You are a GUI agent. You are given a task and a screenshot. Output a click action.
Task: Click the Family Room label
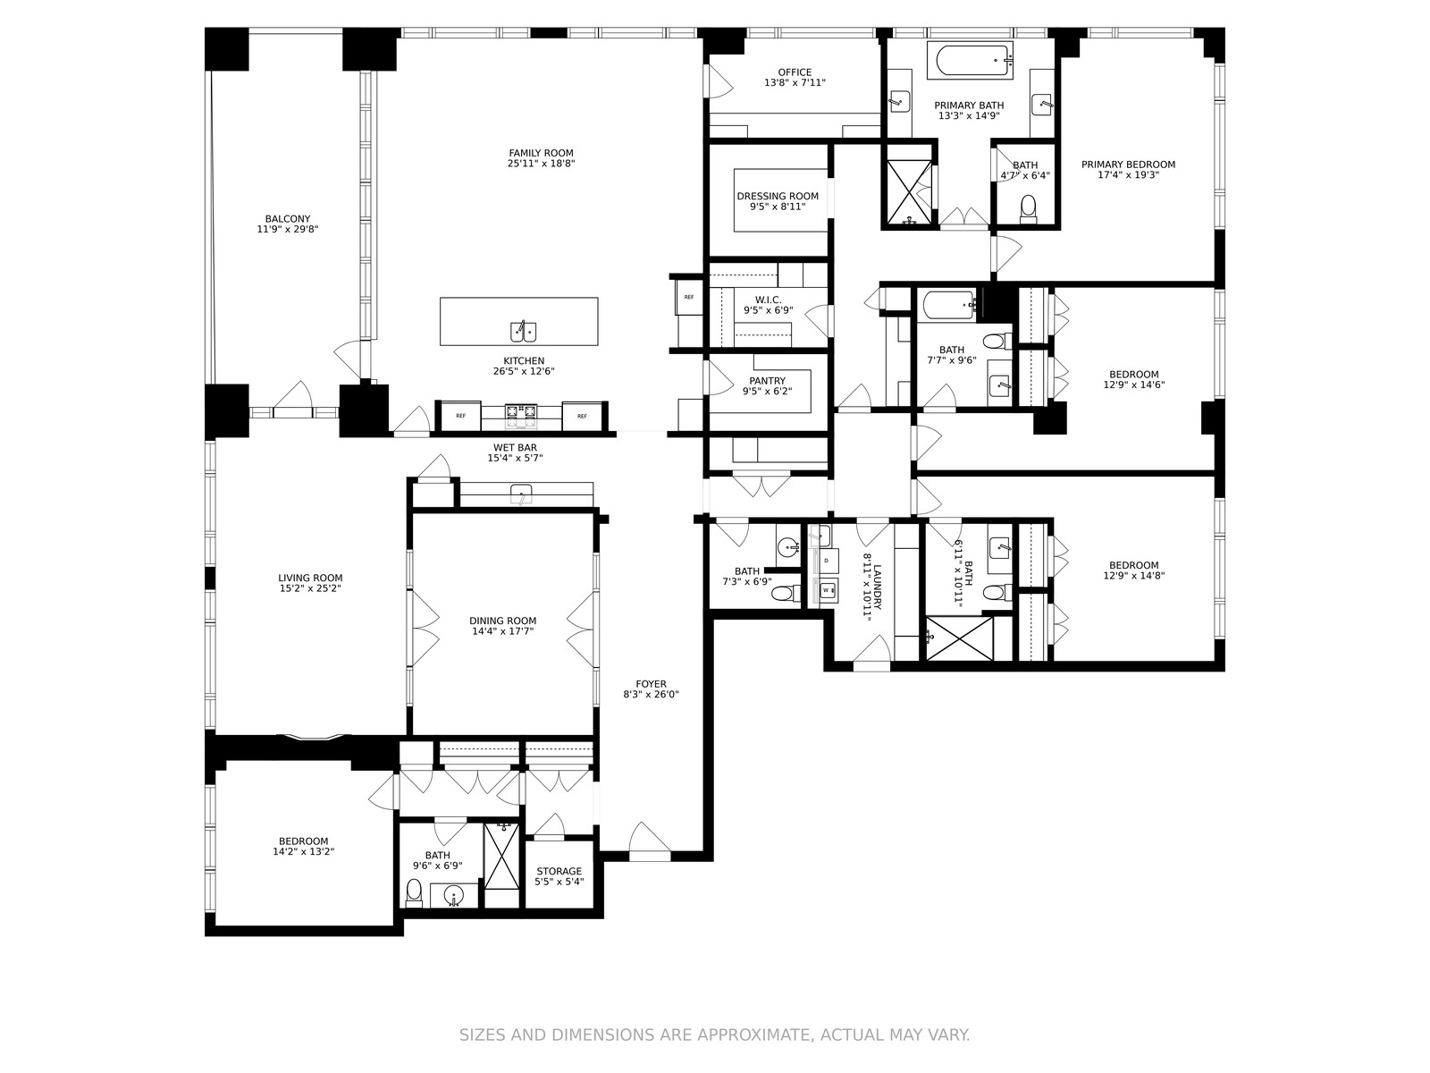[x=541, y=153]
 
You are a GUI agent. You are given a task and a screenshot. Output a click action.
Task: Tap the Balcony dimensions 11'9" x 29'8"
[x=287, y=229]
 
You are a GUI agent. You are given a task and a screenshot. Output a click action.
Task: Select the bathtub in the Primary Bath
[x=974, y=61]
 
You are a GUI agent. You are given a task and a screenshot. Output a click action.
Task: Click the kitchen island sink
[x=523, y=332]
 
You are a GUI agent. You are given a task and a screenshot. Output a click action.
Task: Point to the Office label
[x=795, y=72]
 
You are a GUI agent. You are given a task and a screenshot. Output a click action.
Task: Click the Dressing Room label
[x=778, y=196]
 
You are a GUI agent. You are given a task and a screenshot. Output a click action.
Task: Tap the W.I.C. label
[x=768, y=300]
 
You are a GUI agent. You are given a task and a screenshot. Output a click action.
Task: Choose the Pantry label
[x=768, y=381]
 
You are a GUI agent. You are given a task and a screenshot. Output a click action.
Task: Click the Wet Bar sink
[x=521, y=494]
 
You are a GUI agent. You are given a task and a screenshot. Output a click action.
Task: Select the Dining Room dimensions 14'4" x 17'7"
[x=503, y=631]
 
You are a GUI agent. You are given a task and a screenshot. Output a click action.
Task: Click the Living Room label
[x=310, y=578]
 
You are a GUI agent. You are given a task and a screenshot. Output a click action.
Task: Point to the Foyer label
[x=651, y=684]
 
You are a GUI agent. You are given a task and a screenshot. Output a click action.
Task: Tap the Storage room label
[x=559, y=871]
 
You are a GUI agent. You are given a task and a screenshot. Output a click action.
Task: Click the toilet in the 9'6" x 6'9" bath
[x=415, y=892]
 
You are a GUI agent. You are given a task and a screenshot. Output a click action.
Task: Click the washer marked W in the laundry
[x=827, y=590]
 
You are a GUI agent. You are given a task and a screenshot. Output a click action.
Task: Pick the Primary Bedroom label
[x=1129, y=165]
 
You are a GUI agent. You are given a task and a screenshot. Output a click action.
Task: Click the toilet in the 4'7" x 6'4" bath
[x=1029, y=208]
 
